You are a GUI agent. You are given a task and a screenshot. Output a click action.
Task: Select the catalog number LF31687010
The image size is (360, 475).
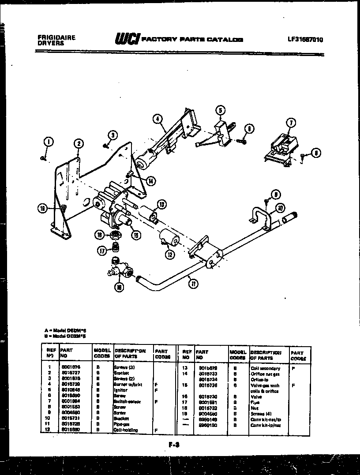click(x=305, y=39)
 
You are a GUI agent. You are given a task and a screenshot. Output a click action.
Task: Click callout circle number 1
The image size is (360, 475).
click(x=48, y=142)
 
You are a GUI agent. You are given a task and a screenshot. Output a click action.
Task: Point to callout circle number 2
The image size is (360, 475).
click(x=78, y=143)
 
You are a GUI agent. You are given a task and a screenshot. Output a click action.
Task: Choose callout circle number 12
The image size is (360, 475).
click(x=169, y=254)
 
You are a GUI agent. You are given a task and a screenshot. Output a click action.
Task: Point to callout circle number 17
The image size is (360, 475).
click(x=102, y=251)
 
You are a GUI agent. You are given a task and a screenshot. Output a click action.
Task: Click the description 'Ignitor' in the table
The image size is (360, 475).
click(x=120, y=390)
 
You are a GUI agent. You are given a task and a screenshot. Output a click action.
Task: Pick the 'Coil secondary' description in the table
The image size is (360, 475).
click(x=265, y=368)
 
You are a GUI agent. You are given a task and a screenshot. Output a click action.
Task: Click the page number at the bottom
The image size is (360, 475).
click(x=173, y=445)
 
